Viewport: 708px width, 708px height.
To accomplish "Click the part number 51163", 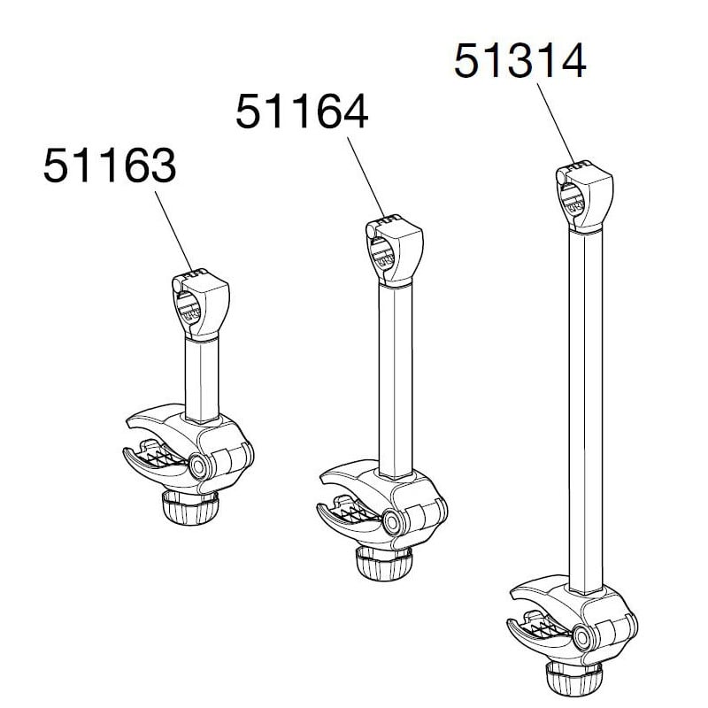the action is coord(110,165).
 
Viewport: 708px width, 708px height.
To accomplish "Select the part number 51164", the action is coord(302,112).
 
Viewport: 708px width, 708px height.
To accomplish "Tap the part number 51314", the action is coord(519,61).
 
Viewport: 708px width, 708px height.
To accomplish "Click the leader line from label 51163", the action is coord(173,231).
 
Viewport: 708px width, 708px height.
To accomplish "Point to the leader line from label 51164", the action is coord(366,177).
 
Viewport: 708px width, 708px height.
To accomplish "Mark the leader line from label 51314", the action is coord(556,124).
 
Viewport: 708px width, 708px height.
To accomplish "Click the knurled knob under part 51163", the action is coord(189,507).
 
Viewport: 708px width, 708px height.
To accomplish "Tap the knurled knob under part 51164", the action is coord(383,564).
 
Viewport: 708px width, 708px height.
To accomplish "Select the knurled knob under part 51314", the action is coord(573,680).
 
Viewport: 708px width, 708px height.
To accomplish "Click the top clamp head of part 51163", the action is coord(201,304).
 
